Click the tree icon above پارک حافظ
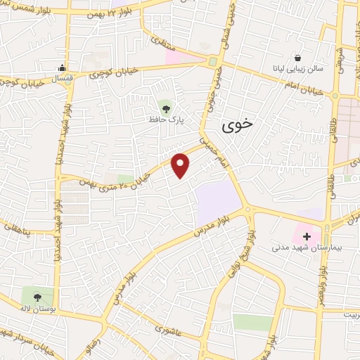click(x=166, y=108)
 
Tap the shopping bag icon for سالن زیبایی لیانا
click(x=298, y=57)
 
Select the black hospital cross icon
click(x=307, y=236)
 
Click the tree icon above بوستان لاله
click(x=37, y=296)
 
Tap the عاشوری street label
click(x=168, y=328)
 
